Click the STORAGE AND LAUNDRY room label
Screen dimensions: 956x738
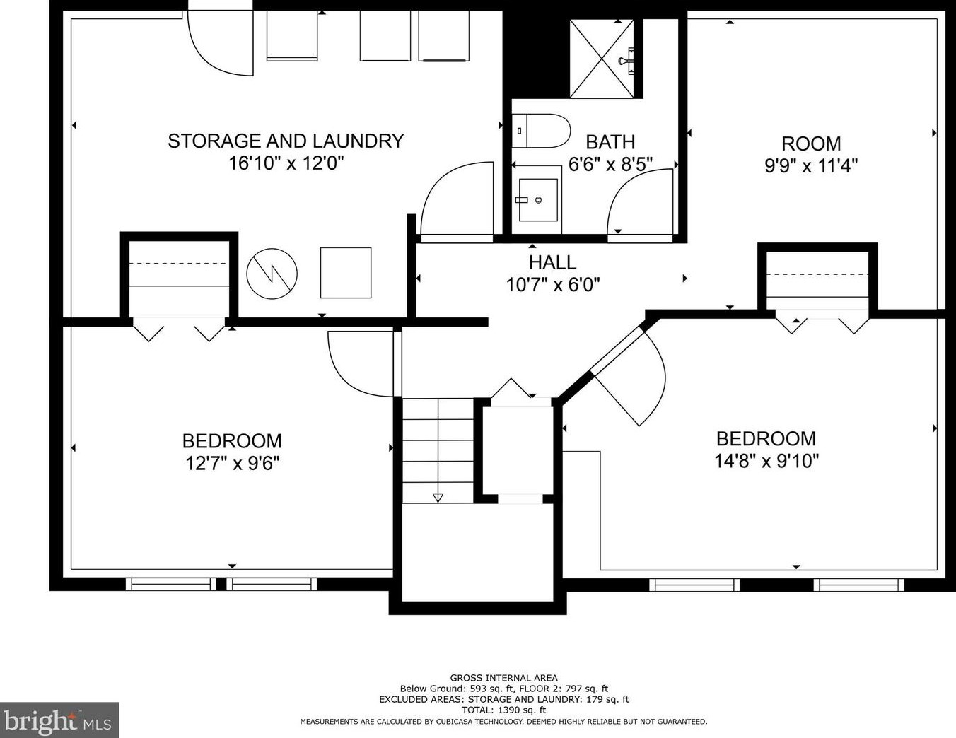pos(286,141)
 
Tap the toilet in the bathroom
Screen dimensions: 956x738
pos(541,131)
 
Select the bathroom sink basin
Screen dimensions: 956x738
pos(538,199)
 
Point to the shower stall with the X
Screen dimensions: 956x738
pos(602,59)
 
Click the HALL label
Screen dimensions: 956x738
pos(552,262)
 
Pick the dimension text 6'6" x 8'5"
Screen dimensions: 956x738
pos(610,165)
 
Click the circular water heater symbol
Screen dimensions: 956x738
pos(272,274)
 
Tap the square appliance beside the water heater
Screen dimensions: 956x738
pos(346,273)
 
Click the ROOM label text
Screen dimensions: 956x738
pos(811,143)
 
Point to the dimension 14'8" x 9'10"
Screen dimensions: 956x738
pos(766,462)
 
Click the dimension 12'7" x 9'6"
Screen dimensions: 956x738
pos(233,463)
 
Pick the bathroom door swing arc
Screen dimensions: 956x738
pos(640,202)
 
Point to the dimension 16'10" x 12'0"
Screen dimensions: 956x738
pos(286,164)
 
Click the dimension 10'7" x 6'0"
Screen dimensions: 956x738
pos(552,285)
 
